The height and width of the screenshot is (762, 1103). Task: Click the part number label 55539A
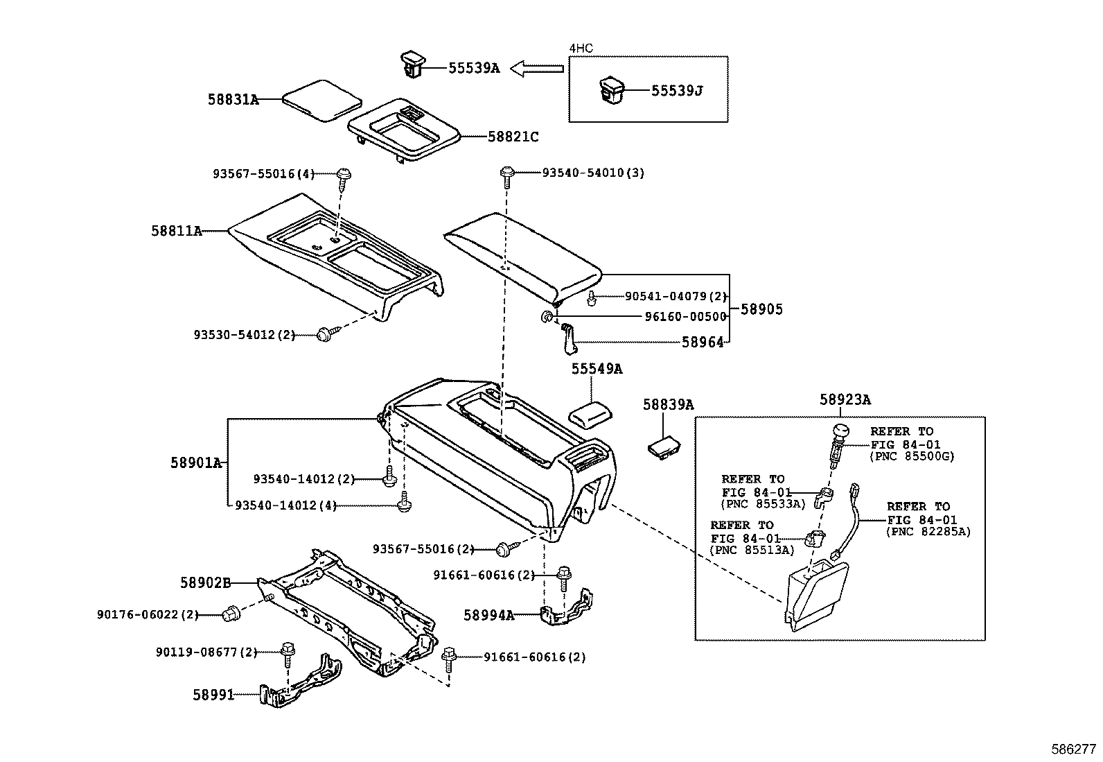pyautogui.click(x=473, y=68)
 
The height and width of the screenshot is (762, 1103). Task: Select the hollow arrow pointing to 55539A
pyautogui.click(x=537, y=68)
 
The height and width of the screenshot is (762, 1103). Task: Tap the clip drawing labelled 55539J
pyautogui.click(x=610, y=91)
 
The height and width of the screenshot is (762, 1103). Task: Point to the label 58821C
pyautogui.click(x=513, y=137)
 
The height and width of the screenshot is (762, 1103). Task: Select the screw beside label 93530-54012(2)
pyautogui.click(x=324, y=334)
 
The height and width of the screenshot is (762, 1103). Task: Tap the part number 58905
pyautogui.click(x=761, y=309)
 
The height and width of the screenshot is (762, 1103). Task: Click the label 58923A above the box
pyautogui.click(x=845, y=399)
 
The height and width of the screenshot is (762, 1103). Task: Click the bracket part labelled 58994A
pyautogui.click(x=568, y=607)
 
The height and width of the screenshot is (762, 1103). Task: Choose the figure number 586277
pyautogui.click(x=1073, y=750)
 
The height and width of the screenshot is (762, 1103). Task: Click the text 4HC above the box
pyautogui.click(x=581, y=48)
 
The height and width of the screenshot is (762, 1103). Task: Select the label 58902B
pyautogui.click(x=205, y=583)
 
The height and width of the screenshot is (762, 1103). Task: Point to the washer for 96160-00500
pyautogui.click(x=546, y=317)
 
